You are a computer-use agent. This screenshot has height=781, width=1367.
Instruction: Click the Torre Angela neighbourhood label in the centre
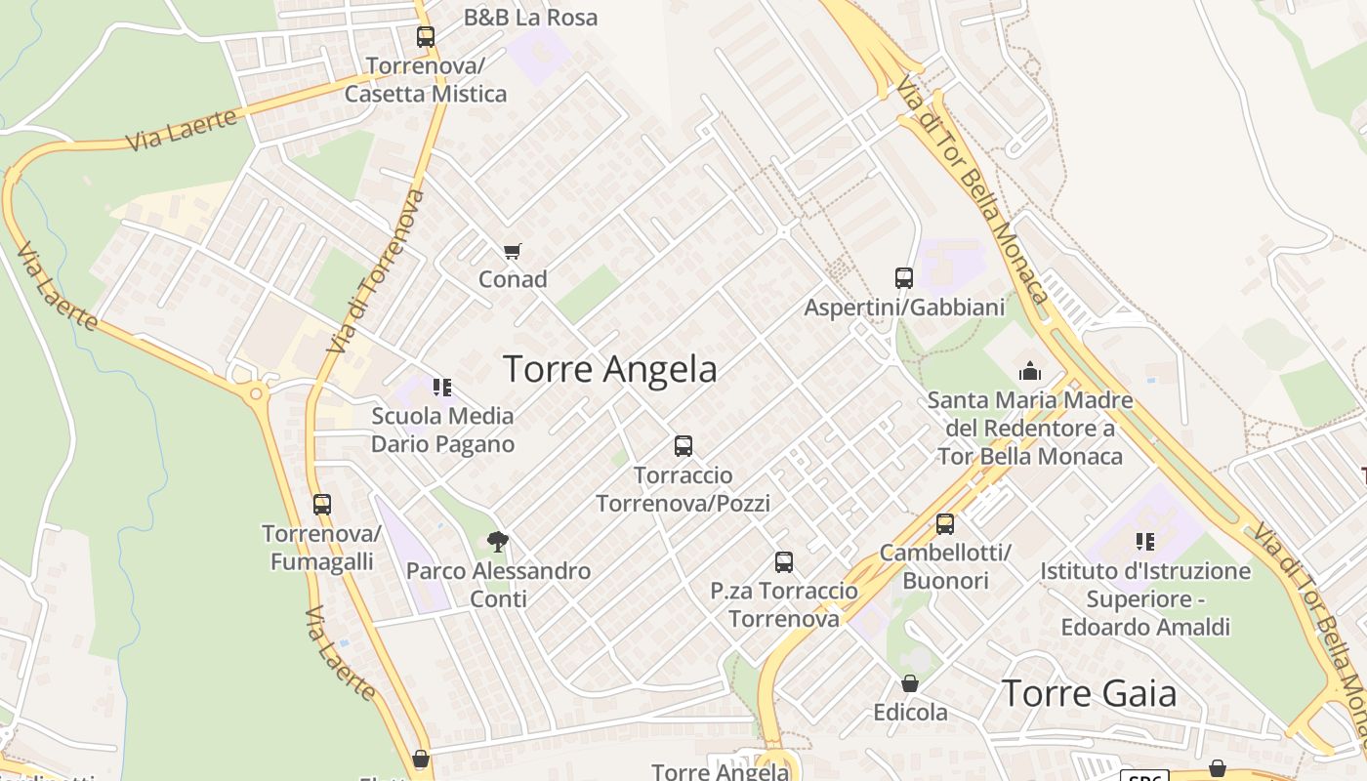(609, 369)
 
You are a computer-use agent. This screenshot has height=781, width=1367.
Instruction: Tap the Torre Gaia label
(1089, 692)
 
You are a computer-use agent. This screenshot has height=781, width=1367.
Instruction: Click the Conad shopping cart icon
(513, 251)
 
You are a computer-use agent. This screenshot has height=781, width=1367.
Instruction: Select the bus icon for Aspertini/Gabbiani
(903, 278)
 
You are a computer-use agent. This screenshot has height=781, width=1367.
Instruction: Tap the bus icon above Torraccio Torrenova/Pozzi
(683, 446)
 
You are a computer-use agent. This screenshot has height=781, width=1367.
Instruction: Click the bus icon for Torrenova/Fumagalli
(322, 505)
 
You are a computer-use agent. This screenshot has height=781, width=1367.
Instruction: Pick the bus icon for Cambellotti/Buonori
(945, 524)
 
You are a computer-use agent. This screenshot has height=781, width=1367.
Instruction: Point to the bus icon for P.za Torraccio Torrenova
(784, 562)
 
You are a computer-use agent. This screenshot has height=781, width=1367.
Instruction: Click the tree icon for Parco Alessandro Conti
(498, 542)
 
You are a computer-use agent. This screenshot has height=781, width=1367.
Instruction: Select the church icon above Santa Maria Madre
(1029, 371)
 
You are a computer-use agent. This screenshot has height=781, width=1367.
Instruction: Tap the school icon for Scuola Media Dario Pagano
(442, 388)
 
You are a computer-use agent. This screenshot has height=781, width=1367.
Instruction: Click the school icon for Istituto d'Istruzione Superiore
(1145, 542)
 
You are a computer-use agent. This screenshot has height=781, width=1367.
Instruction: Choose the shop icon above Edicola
(910, 683)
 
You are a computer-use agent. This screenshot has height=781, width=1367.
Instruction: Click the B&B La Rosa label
(530, 18)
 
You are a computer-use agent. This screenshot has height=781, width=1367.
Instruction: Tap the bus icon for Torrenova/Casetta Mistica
(426, 37)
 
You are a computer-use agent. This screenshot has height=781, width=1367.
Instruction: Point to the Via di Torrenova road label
(377, 271)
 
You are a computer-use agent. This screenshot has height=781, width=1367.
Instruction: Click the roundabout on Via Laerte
(257, 393)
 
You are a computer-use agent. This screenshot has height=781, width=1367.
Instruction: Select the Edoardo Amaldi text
(1145, 627)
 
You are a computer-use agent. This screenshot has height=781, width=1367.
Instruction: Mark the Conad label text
(513, 279)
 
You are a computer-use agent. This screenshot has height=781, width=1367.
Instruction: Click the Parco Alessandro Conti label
(498, 584)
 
